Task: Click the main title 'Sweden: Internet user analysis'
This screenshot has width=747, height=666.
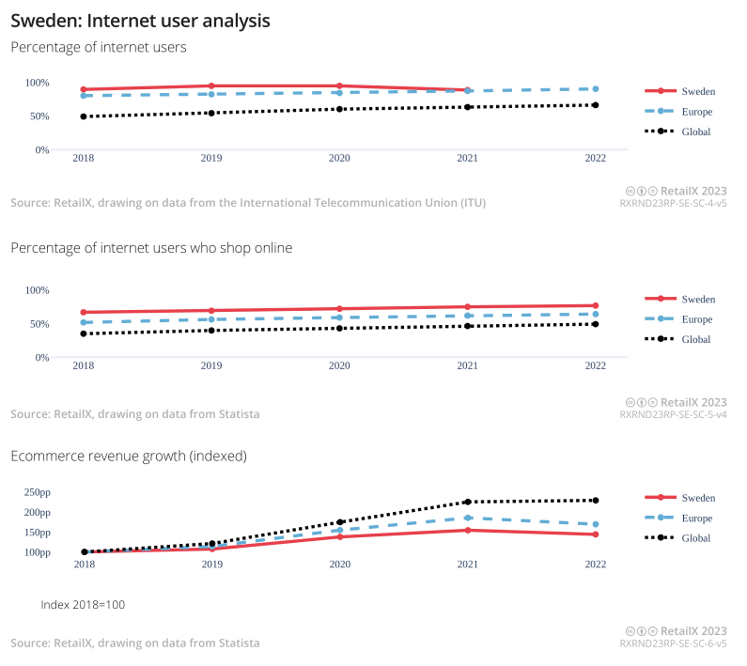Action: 140,20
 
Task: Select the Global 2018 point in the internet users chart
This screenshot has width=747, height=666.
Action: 84,116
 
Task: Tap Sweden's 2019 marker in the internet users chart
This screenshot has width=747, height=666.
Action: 211,86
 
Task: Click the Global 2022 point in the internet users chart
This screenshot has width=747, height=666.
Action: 596,105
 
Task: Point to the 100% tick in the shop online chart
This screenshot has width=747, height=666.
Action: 37,289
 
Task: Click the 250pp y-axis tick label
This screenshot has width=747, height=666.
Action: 38,492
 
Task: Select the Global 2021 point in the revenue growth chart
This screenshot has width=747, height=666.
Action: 467,502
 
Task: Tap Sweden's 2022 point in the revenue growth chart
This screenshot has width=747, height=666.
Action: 596,534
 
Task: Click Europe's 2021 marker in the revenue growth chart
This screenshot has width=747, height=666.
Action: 467,518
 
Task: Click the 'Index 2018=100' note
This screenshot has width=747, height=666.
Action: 83,604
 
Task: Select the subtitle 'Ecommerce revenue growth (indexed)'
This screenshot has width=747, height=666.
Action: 129,456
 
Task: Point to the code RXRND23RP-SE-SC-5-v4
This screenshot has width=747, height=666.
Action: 673,414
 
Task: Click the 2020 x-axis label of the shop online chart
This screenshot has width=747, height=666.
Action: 339,366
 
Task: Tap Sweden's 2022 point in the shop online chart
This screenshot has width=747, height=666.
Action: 596,305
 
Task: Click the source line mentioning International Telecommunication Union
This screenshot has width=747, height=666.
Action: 248,203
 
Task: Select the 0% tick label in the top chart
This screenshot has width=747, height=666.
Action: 42,150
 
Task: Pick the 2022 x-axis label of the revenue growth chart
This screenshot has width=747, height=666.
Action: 596,565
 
